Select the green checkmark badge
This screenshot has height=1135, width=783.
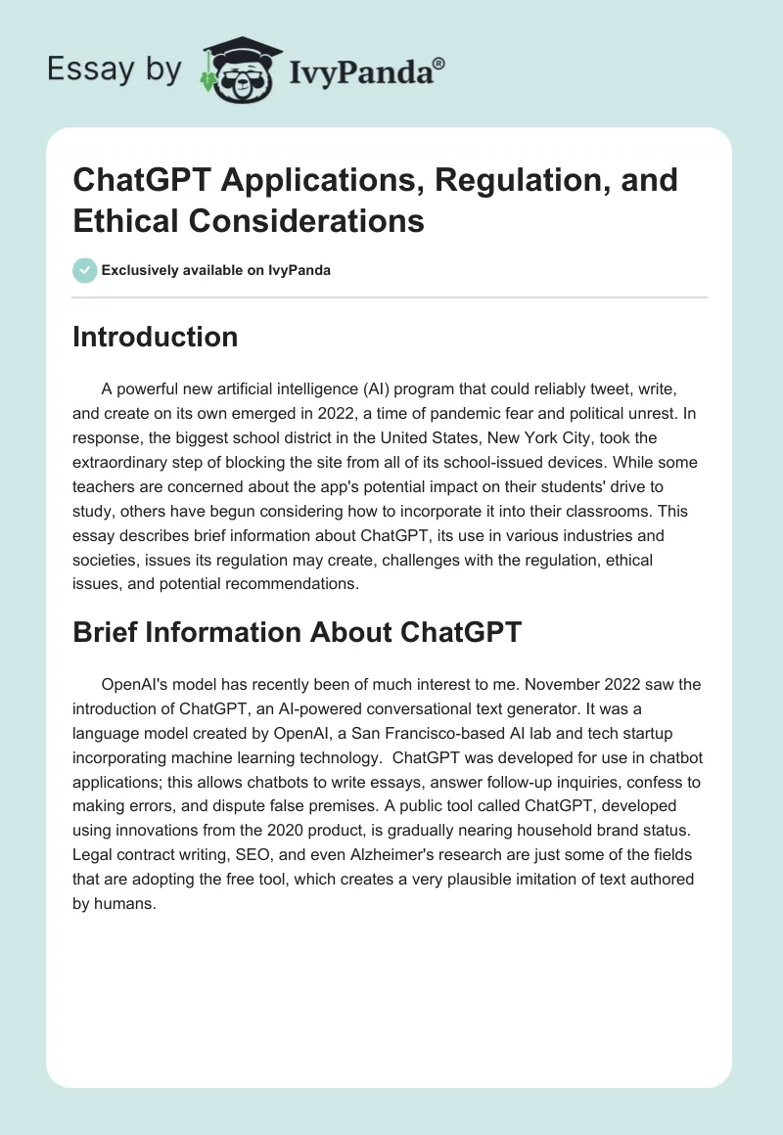[x=85, y=270]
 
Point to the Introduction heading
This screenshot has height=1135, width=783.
[x=156, y=338]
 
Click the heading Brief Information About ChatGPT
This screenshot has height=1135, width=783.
[x=298, y=631]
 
